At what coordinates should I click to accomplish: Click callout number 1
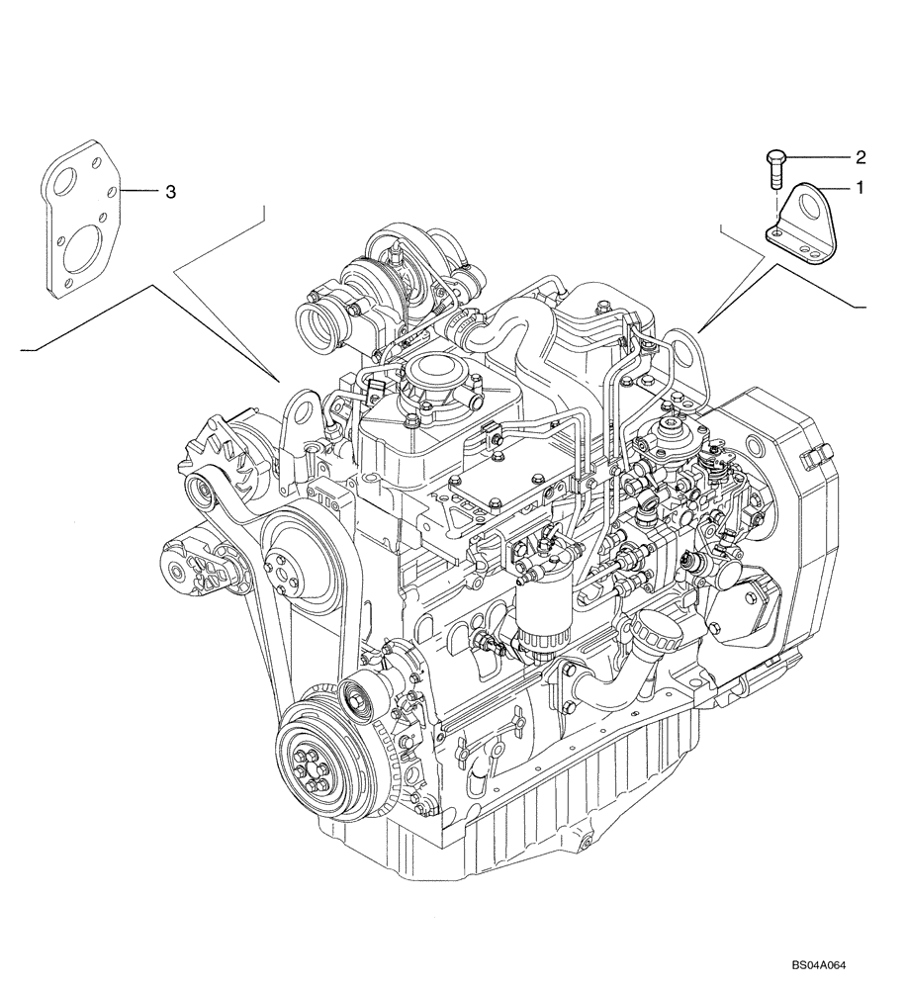[859, 186]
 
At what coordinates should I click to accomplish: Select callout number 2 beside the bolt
[860, 156]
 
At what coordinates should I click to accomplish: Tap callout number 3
[170, 192]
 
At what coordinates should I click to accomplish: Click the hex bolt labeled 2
[776, 169]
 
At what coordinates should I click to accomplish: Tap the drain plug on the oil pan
[583, 842]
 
